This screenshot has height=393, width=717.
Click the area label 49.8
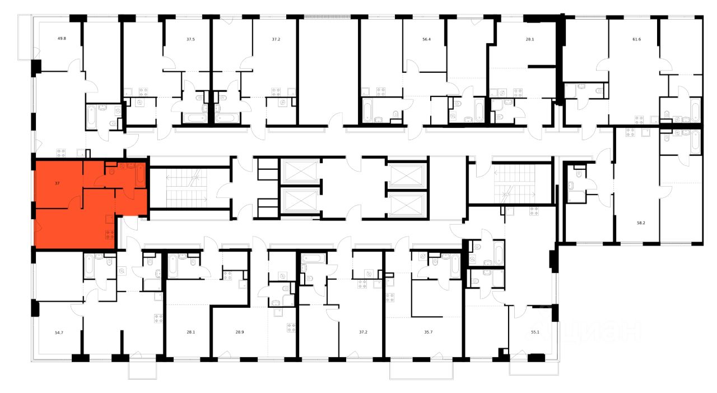62,39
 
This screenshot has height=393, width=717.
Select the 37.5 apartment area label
191,39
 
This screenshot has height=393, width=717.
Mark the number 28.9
240,332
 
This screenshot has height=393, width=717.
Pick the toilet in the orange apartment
111,170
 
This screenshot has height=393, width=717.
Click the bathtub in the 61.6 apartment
695,109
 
